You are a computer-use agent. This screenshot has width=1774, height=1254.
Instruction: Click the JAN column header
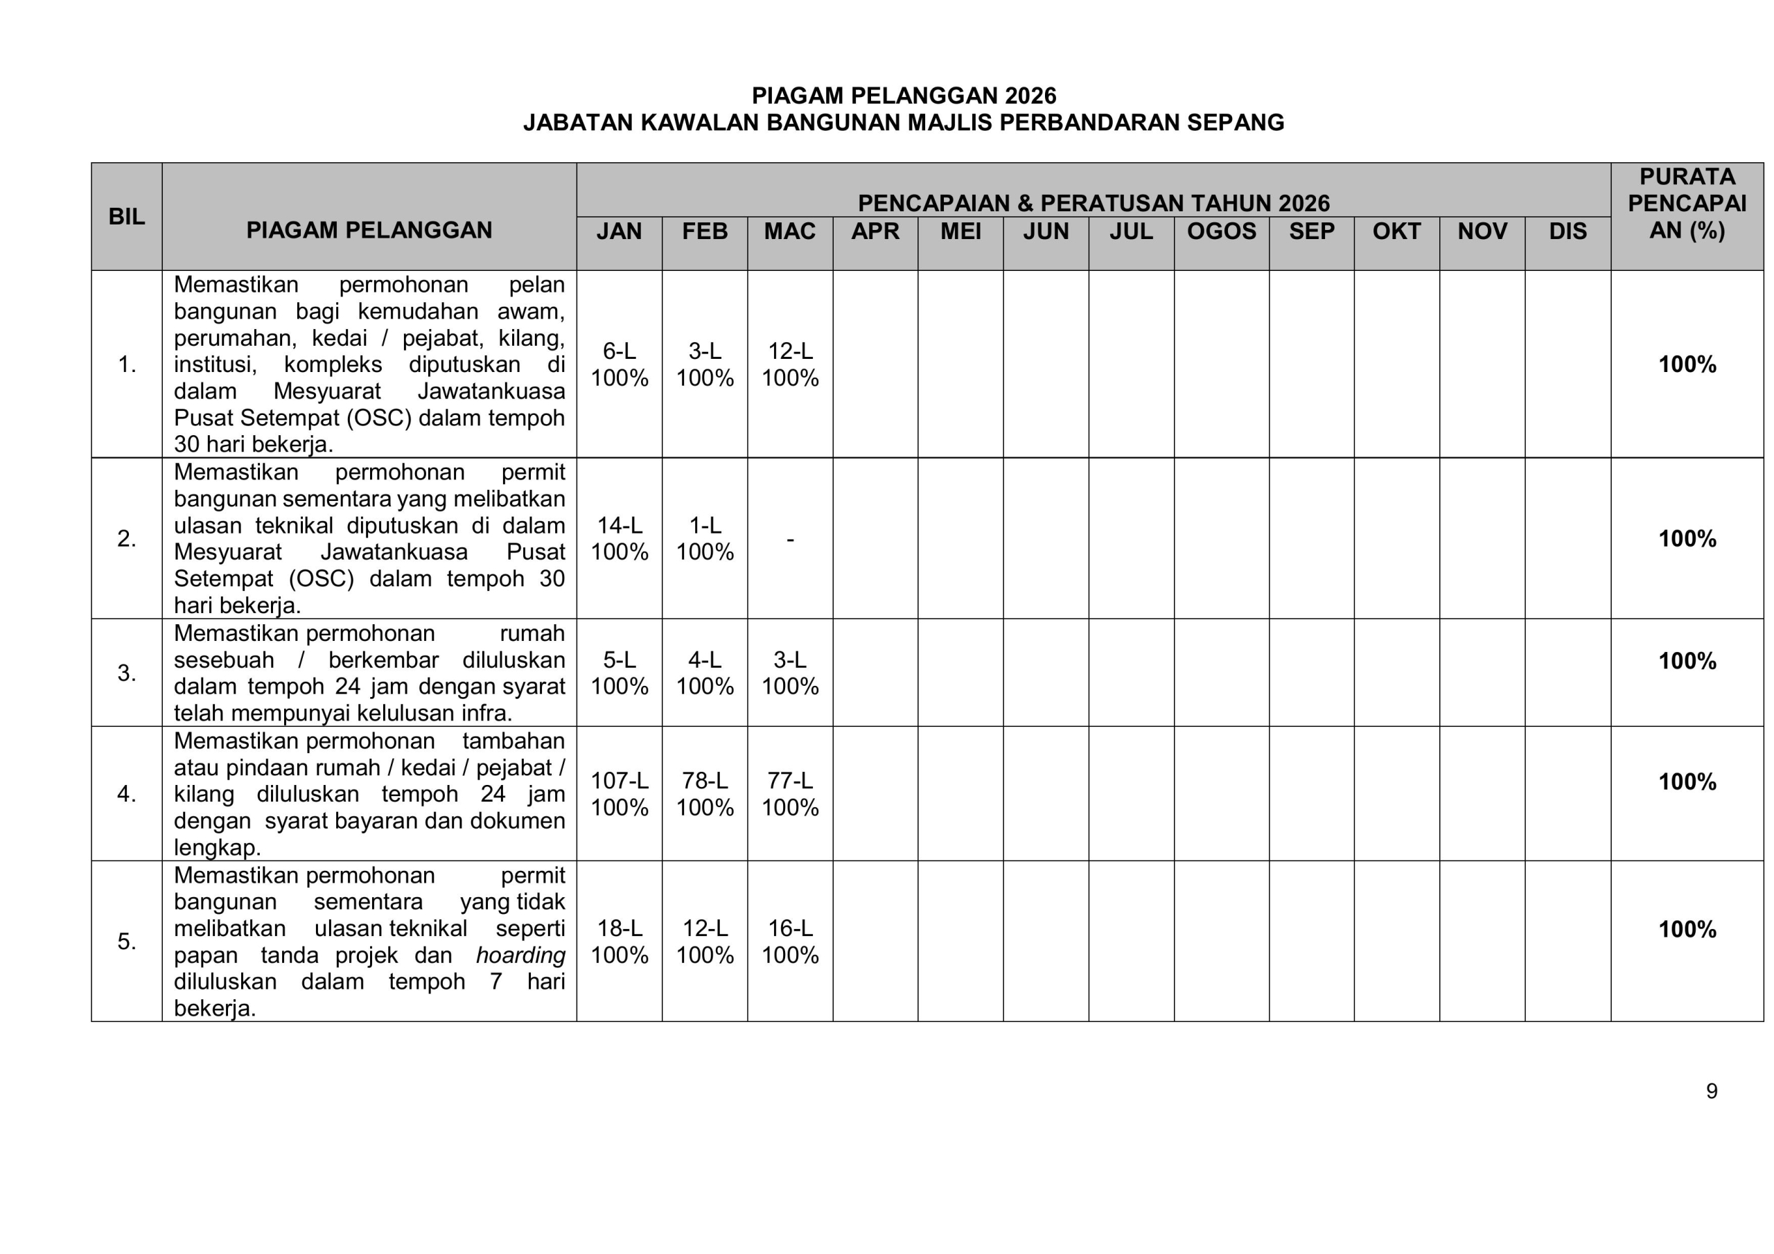619,231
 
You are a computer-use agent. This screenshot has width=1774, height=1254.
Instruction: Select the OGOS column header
1221,231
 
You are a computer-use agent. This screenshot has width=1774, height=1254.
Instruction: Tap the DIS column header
1567,231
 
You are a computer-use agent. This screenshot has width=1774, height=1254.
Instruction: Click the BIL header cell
127,216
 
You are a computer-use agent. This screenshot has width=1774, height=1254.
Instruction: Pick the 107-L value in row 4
619,781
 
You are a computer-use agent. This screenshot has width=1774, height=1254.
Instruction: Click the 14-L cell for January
619,525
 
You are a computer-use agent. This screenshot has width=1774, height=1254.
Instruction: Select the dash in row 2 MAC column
790,538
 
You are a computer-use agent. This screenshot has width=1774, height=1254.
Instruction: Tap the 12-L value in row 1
790,351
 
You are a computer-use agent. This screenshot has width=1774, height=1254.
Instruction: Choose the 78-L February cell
705,781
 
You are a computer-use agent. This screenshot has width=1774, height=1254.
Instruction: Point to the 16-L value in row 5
790,928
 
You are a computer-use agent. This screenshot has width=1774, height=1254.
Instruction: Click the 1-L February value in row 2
705,525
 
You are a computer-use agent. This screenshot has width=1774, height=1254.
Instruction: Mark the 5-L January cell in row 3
619,660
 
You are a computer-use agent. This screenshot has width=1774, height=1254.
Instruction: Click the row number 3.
127,673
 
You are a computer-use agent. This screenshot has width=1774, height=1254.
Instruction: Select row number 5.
127,941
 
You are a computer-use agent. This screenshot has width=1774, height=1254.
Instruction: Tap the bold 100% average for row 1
1687,364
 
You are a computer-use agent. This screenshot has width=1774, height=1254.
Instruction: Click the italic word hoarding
520,955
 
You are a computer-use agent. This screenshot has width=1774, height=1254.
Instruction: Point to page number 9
1712,1091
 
